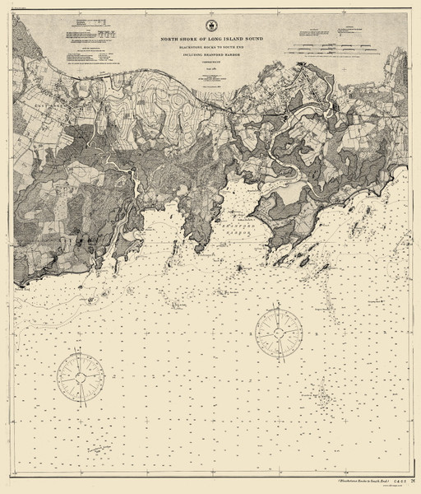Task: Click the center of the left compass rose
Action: pos(81,375)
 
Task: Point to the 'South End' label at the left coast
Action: pos(22,290)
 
